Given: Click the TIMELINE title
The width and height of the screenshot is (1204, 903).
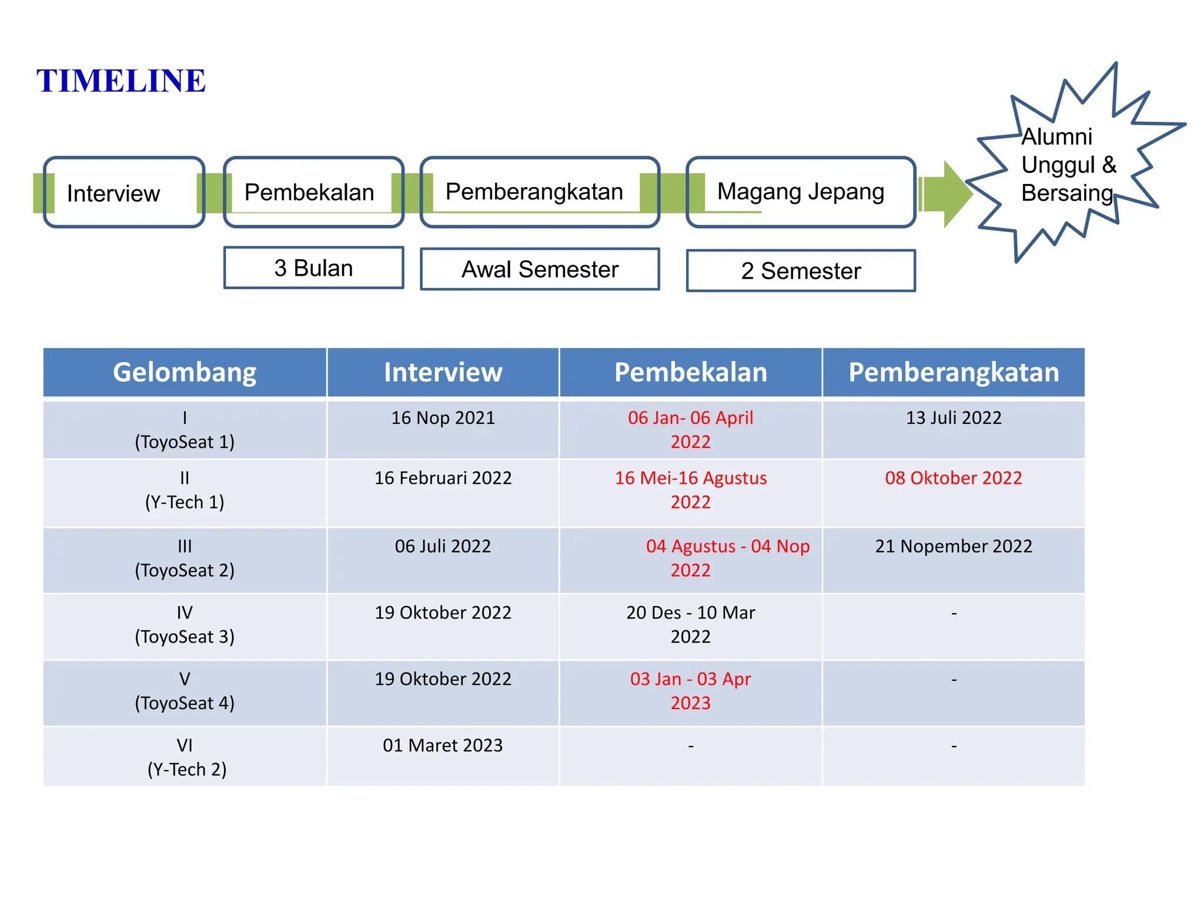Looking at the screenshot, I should click(121, 81).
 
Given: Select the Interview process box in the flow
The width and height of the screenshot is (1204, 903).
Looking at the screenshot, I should click(123, 192).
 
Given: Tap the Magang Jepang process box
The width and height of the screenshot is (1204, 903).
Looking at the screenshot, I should click(800, 192).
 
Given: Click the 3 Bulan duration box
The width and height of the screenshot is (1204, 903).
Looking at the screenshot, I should click(313, 268).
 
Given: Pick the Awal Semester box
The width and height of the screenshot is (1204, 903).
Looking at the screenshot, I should click(540, 269).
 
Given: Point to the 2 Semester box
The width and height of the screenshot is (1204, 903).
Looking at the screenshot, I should click(801, 271).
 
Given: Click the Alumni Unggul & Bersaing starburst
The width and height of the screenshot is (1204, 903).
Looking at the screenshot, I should click(1067, 165).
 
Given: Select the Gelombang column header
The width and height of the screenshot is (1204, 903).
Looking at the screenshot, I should click(185, 372).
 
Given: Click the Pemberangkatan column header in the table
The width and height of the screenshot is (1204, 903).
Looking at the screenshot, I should click(954, 372).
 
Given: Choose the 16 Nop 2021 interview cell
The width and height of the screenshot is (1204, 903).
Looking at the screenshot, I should click(443, 418).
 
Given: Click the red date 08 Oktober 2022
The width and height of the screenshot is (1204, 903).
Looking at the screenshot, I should click(954, 478).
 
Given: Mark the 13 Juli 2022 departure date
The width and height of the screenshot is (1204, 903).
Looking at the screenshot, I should click(954, 418).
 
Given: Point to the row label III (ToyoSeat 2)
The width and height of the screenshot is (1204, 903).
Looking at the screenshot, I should click(185, 558).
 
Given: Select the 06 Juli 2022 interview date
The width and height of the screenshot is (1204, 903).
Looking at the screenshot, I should click(443, 546).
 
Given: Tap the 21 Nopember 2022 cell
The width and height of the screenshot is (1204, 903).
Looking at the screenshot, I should click(954, 546).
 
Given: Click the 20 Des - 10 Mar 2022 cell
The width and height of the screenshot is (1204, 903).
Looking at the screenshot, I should click(691, 624).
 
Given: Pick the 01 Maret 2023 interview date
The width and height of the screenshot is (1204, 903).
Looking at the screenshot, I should click(443, 745).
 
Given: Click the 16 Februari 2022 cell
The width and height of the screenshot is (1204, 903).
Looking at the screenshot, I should click(443, 478).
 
